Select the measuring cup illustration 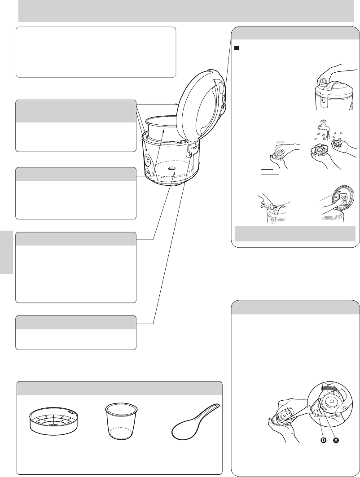(x=122, y=421)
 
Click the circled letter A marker (x=336, y=440)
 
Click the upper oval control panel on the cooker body (x=148, y=159)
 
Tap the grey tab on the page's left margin (x=6, y=253)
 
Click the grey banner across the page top (x=186, y=11)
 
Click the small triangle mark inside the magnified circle (x=317, y=411)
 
